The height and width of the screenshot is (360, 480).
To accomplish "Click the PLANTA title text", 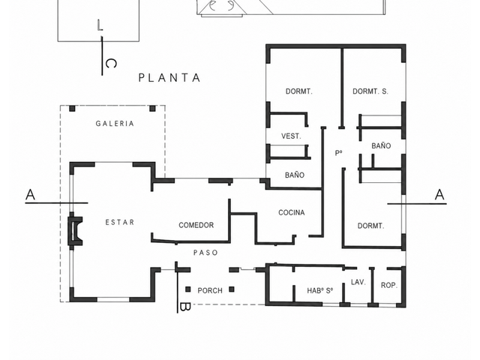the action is tap(169, 78).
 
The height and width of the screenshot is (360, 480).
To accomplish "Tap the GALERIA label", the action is tap(115, 124).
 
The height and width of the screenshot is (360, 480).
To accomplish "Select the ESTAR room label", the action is tap(120, 222).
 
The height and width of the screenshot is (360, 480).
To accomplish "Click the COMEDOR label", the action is tap(196, 225).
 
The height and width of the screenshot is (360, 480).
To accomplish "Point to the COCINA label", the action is tap(292, 212).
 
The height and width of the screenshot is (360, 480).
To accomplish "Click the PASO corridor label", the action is tap(205, 253).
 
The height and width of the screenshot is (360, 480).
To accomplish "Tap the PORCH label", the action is tap(210, 290).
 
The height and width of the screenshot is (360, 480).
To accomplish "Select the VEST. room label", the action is tap(291, 136).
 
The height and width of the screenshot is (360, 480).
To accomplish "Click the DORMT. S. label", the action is tap(370, 91).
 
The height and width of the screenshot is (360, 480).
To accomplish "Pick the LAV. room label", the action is tap(358, 282).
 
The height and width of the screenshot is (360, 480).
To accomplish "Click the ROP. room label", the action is tap(388, 285).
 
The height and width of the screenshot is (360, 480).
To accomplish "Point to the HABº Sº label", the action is tap(320, 290).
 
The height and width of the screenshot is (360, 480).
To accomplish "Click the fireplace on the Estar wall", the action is tap(75, 231).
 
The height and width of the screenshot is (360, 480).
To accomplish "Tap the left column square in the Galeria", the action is tap(72, 109).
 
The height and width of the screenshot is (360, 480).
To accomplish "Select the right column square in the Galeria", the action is tap(152, 109).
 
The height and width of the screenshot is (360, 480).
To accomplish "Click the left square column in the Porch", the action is tap(188, 289).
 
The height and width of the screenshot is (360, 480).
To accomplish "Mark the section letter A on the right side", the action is tap(439, 195).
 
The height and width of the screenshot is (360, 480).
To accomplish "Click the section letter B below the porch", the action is tap(185, 307).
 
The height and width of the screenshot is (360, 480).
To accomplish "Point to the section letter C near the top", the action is tap(111, 64).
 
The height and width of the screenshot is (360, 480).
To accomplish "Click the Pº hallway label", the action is tap(338, 153).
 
